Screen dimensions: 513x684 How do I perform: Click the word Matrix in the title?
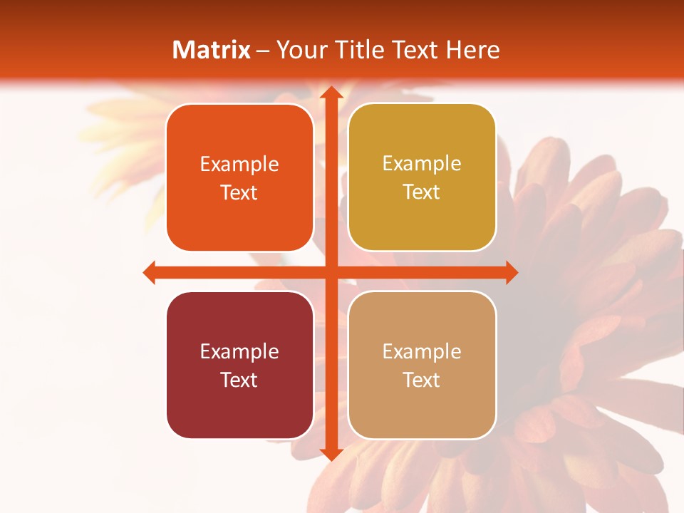tap(212, 50)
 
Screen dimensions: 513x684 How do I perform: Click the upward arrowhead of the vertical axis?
tap(329, 93)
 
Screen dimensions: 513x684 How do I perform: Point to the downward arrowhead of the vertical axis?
tap(329, 454)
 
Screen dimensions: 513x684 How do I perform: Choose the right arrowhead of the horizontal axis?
tap(510, 272)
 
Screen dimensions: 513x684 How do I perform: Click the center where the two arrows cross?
tap(329, 272)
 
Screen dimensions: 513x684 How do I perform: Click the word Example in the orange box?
tap(239, 165)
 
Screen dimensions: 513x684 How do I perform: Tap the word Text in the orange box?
tap(239, 192)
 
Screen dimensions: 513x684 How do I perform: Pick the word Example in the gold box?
tap(422, 164)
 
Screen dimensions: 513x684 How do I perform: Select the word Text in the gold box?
tap(422, 192)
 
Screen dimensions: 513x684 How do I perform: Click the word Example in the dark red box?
tap(239, 351)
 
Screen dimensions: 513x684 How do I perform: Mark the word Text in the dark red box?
tap(239, 380)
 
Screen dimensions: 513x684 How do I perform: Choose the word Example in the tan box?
tap(422, 351)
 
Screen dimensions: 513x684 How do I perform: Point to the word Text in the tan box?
tap(422, 380)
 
